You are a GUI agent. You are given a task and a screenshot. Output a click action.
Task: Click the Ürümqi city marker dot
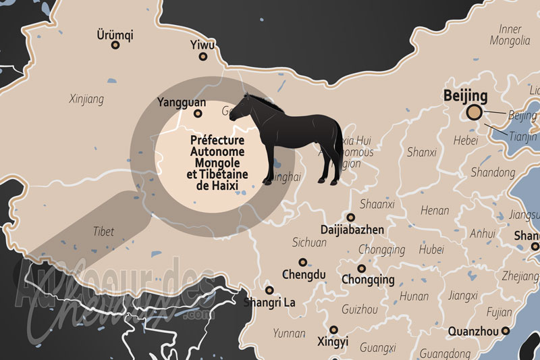(x=115, y=45)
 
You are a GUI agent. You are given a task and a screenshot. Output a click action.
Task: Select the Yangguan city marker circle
(x=198, y=114)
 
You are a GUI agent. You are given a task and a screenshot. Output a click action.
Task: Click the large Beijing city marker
(x=475, y=113)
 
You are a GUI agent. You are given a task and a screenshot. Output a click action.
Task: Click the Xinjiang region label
(x=86, y=99)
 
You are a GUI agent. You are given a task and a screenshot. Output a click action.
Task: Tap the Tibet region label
(x=103, y=231)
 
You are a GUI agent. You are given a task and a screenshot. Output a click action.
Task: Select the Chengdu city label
(x=304, y=275)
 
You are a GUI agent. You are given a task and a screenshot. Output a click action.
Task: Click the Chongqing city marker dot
(x=362, y=268)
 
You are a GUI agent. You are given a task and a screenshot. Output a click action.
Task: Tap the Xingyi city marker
(x=333, y=330)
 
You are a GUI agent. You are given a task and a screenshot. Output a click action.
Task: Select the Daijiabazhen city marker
(x=351, y=217)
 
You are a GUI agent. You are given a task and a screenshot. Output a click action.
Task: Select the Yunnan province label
(x=289, y=333)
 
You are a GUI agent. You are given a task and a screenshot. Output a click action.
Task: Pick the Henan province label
(x=435, y=211)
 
